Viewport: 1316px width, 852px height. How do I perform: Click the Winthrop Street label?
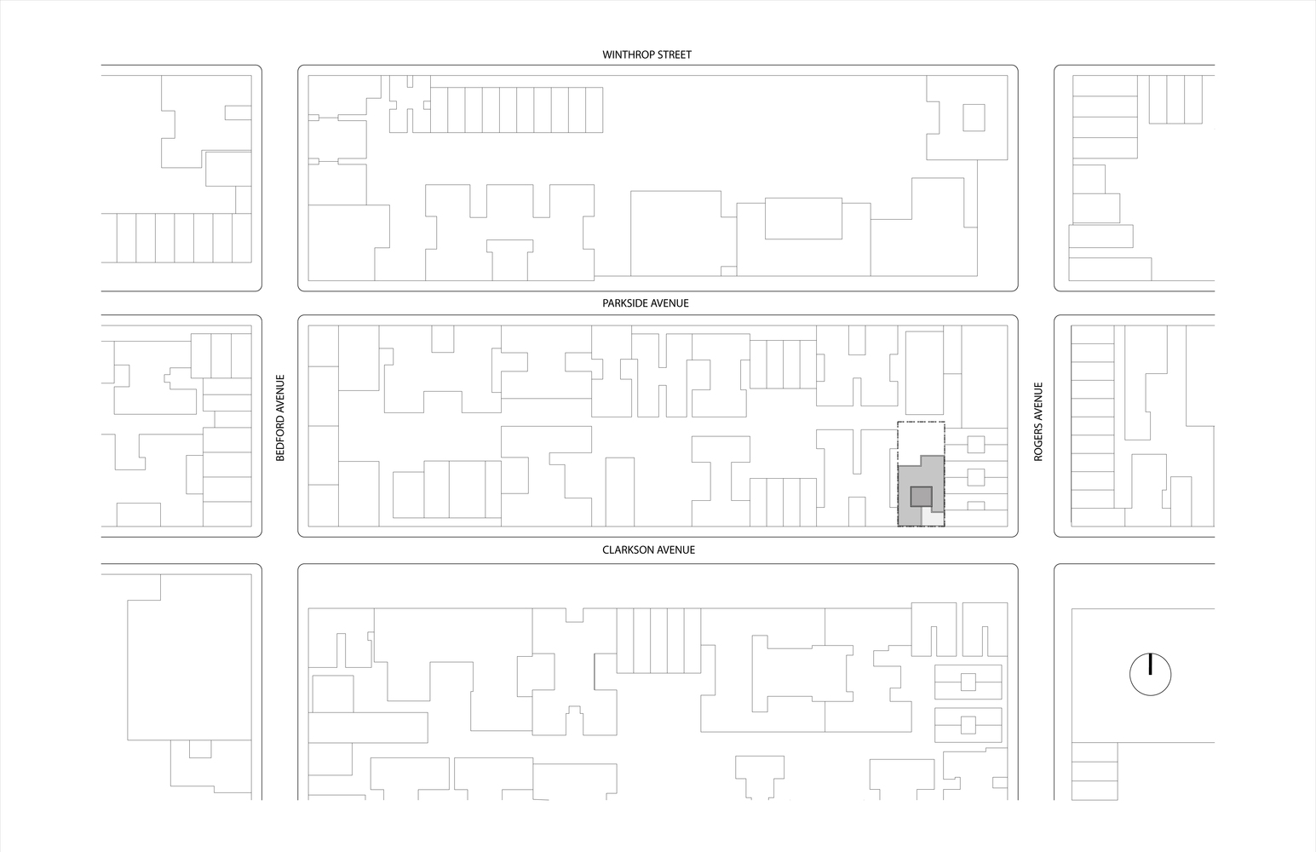[647, 55]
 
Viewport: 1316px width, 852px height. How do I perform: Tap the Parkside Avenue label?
[646, 303]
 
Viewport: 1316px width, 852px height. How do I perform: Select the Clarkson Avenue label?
[648, 550]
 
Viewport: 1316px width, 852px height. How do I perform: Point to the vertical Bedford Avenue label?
[279, 418]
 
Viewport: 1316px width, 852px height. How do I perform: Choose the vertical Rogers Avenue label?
[1038, 422]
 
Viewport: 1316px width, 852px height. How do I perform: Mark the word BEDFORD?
[279, 440]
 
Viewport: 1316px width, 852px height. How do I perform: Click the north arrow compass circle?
[1150, 675]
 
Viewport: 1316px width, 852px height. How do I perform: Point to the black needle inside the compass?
[1150, 665]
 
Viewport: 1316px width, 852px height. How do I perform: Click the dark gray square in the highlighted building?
[921, 497]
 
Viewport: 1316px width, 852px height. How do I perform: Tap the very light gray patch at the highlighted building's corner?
[934, 519]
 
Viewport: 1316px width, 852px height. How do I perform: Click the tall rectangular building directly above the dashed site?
[923, 373]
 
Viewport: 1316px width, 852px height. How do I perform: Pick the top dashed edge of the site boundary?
[921, 423]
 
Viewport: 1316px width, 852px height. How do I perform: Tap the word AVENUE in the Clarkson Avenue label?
[675, 550]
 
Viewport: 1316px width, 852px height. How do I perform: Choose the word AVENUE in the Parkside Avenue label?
[669, 303]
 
